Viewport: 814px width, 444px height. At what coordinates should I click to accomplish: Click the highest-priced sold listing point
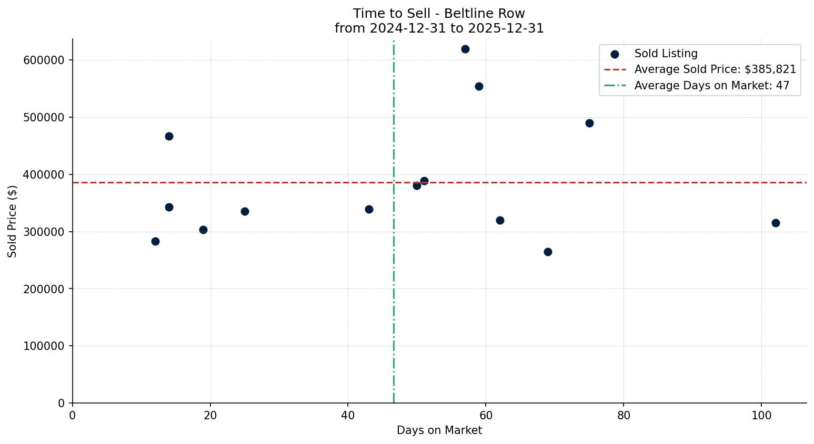pos(465,49)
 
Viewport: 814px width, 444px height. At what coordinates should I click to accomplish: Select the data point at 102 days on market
pos(776,223)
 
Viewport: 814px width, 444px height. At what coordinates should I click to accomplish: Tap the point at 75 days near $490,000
pos(589,123)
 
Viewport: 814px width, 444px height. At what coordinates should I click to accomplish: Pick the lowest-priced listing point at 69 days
pos(548,252)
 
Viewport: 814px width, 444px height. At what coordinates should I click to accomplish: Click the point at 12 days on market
pos(155,242)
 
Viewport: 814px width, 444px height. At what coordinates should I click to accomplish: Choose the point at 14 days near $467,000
pos(169,137)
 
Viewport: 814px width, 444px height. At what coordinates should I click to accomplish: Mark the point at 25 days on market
pos(245,212)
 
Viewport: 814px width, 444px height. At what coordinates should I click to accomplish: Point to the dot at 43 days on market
pos(369,210)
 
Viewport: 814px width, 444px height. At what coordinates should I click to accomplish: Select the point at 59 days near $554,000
pos(479,87)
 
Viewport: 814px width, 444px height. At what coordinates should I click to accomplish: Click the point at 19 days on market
pos(203,230)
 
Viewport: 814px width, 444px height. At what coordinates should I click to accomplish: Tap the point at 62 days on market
pos(500,221)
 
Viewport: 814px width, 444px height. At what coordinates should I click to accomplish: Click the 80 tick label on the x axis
pos(624,415)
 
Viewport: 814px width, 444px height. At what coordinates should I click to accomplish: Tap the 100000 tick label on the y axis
pos(44,346)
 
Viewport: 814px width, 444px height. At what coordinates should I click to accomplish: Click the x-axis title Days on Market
pos(439,431)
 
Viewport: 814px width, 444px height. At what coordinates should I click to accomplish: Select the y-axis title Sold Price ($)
pos(13,221)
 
